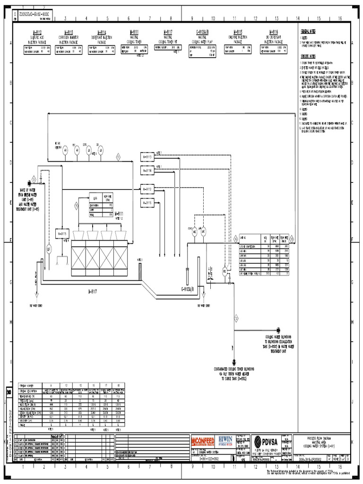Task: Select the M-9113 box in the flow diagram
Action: (147, 156)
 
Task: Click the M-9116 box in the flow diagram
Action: (147, 203)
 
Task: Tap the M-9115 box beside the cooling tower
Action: (62, 233)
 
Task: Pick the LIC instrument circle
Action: (48, 248)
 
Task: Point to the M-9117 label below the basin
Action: (92, 292)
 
